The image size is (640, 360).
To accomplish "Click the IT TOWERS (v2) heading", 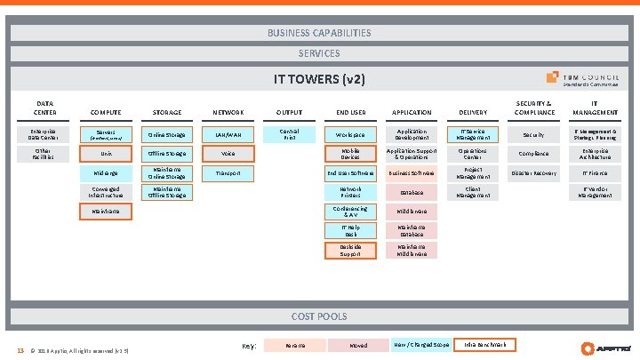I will click(x=319, y=79).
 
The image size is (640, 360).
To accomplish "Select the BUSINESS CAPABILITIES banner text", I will click(x=319, y=33).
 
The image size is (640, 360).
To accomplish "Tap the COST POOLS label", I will click(x=319, y=316).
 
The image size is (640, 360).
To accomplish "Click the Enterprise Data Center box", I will click(x=44, y=134).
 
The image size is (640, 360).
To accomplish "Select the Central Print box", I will click(x=289, y=134).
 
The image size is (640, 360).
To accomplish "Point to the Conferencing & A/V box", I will click(x=349, y=211).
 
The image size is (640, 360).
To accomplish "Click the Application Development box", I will click(x=412, y=134).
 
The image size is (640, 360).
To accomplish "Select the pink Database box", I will click(x=412, y=192).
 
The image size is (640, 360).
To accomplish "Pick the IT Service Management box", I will click(x=472, y=134).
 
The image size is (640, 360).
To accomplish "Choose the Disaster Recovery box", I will click(x=533, y=172).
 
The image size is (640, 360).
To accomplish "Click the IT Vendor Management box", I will click(x=595, y=191).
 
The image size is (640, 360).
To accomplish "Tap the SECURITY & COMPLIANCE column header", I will click(x=534, y=108).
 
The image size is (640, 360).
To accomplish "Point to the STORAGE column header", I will click(x=167, y=113).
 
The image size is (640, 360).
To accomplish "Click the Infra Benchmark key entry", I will click(x=484, y=345).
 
